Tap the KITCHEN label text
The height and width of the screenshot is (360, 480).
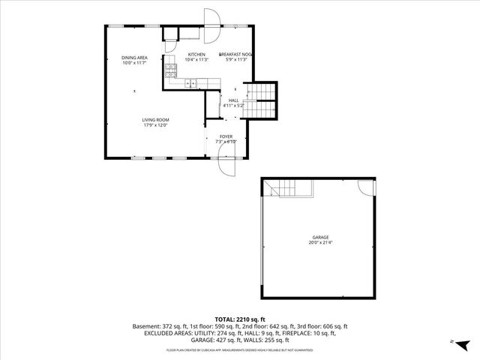coord(196,55)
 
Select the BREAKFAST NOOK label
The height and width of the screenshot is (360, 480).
coord(235,55)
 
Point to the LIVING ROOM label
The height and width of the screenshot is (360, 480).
coord(156,119)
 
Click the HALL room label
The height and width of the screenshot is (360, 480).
coord(233,100)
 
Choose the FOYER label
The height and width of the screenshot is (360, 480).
coord(226,136)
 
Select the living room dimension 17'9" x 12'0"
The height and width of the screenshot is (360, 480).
coord(156,124)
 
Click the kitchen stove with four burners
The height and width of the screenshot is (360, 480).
coord(171,72)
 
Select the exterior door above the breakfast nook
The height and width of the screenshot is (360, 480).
coord(211,19)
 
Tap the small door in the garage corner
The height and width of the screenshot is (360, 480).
coord(366,187)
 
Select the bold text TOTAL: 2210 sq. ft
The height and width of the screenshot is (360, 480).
coord(240,319)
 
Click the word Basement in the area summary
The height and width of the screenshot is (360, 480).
coord(147,327)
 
